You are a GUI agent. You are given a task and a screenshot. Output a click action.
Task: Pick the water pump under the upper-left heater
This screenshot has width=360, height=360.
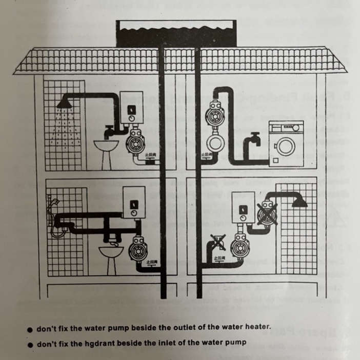click(x=137, y=140)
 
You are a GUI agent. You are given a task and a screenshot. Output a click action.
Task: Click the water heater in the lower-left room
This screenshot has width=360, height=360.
click(x=133, y=207)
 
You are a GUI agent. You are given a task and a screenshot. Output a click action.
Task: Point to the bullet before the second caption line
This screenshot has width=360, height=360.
click(x=31, y=342)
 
